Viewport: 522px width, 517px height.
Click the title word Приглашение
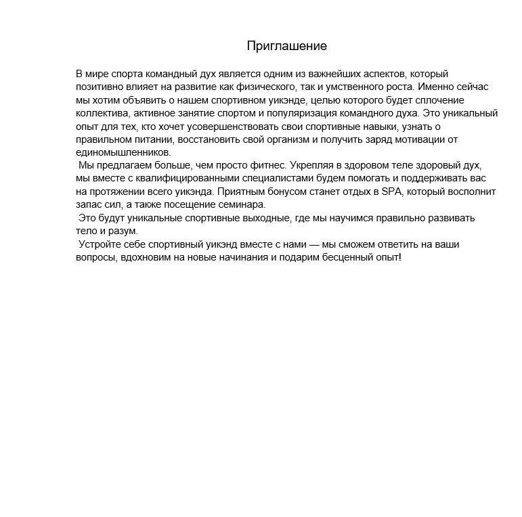pos(287,46)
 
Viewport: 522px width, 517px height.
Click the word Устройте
pos(101,244)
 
